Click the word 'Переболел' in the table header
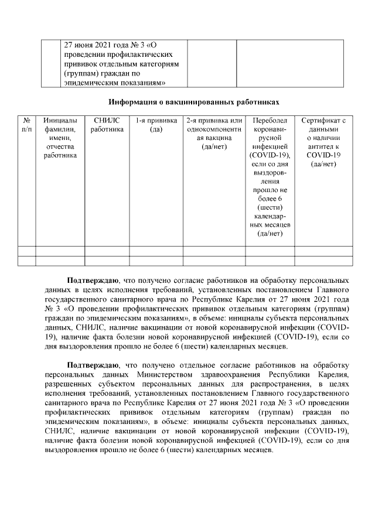270,120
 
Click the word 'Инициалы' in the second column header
60,120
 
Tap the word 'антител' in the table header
320,146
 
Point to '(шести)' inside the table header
270,208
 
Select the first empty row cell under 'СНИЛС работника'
107,251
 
